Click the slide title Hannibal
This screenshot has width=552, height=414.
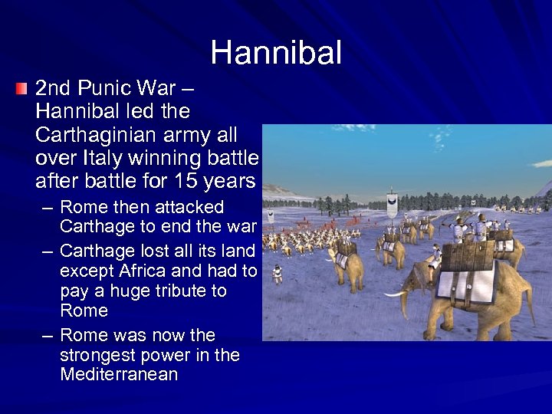pos(276,53)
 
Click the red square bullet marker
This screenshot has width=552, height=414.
pos(21,90)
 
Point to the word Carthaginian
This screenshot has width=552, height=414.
pos(89,135)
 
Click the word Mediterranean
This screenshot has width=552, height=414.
pos(119,375)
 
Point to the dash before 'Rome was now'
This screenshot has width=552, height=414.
pos(48,336)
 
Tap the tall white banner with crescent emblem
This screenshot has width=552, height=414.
pos(392,202)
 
